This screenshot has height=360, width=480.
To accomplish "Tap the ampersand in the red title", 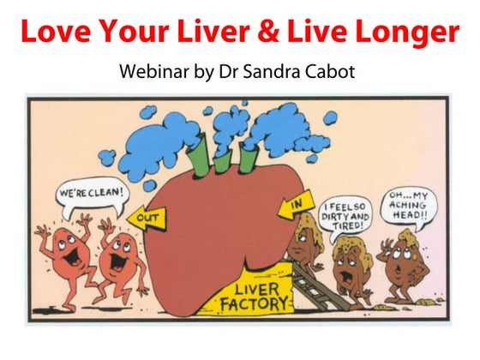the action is click(x=268, y=32).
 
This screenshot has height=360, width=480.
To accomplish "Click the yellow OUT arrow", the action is click(x=147, y=218).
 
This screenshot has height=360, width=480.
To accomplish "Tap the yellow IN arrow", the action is click(x=297, y=205).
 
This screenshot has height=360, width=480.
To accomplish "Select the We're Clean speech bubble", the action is click(x=93, y=196).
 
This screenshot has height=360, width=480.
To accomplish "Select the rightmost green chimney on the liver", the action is click(x=248, y=159).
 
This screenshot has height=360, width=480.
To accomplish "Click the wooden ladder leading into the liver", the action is click(x=318, y=286).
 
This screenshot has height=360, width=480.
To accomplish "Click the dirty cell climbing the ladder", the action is click(x=304, y=242).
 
